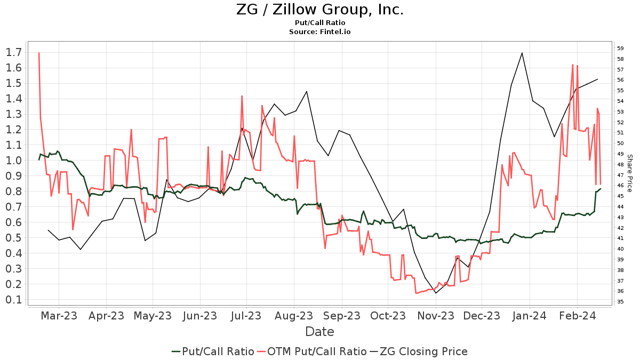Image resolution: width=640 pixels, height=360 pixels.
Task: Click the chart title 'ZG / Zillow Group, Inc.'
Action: tap(319, 10)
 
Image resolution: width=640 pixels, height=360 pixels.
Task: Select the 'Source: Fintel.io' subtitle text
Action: tap(319, 31)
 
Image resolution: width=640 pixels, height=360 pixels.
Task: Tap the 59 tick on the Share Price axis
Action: tap(620, 48)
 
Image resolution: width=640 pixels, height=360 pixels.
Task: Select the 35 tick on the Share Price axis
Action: tap(620, 301)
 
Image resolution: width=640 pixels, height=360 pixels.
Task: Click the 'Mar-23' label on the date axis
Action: tap(59, 316)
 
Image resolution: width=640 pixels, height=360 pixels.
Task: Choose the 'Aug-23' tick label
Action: tap(294, 316)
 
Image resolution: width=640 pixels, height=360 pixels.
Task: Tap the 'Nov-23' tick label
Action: tap(435, 316)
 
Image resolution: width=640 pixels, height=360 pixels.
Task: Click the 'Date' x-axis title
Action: tap(319, 332)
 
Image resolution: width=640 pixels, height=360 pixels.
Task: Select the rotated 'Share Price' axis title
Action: tap(629, 173)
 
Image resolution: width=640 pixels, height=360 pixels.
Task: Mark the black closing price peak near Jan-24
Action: tap(522, 53)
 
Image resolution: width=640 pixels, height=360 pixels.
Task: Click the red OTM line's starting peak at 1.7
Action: tap(39, 53)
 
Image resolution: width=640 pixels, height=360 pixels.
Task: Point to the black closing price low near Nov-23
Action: tap(436, 293)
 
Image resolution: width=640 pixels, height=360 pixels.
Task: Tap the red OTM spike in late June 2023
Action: tap(242, 96)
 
